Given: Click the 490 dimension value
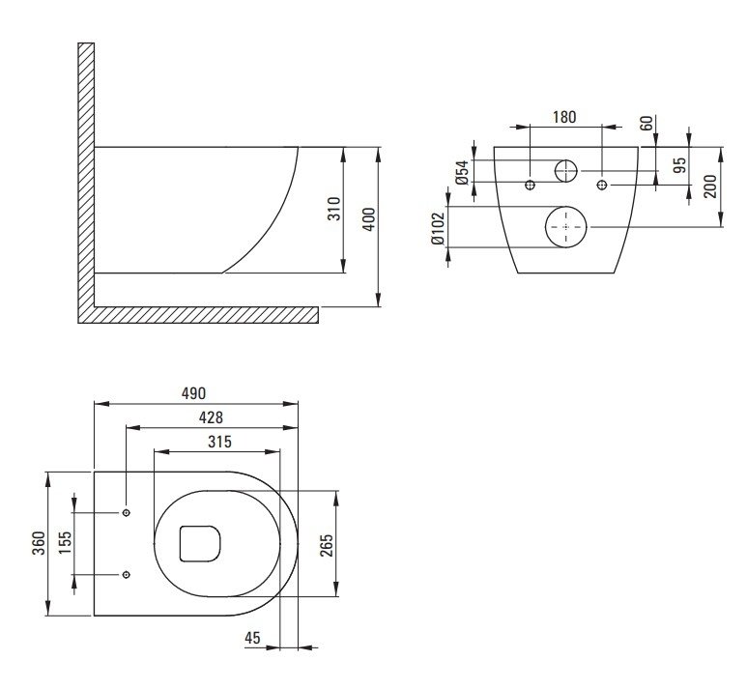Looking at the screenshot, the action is [x=194, y=393].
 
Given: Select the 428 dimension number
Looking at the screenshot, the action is [x=211, y=417].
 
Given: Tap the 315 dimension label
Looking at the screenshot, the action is [x=219, y=443].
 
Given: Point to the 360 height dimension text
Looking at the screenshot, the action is [x=39, y=543].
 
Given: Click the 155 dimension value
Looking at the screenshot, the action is [x=65, y=542].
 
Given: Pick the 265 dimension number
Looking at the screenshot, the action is [x=327, y=545].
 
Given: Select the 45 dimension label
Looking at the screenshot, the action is [x=252, y=638].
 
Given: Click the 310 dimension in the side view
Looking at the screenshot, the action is [x=335, y=209].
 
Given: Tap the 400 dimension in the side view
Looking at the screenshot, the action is [x=369, y=219].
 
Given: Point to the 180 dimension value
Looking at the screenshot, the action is [x=564, y=117].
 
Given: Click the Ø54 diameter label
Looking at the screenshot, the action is [x=462, y=172].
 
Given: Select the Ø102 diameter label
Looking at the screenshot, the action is [x=438, y=228].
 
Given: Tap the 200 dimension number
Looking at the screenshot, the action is [x=710, y=187].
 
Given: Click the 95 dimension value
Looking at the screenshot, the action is [x=681, y=165].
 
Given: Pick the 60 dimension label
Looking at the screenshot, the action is [x=646, y=123].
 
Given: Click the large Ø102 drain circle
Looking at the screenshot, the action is [x=566, y=227].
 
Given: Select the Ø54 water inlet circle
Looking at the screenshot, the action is [x=566, y=171].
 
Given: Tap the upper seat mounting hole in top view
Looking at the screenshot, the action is [x=127, y=513].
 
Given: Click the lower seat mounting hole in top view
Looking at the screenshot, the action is [x=127, y=575].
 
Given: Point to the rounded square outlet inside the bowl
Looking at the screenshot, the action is [x=200, y=544].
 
